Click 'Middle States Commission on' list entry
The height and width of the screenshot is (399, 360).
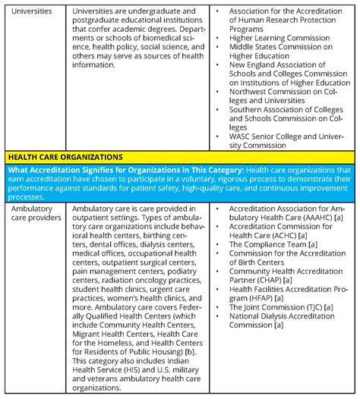pos(281,47)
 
